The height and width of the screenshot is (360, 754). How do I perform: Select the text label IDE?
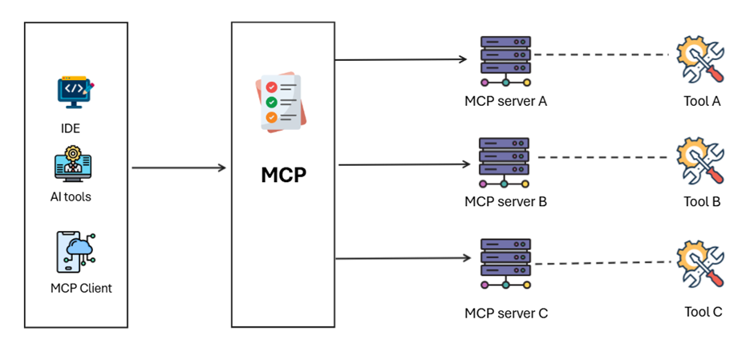[x=71, y=127]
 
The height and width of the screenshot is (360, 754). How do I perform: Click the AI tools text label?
[x=71, y=196]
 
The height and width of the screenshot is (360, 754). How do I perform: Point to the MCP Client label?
[x=81, y=288]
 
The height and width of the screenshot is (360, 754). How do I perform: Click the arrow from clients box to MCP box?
[x=179, y=168]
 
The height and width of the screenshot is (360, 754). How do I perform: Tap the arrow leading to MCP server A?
[x=401, y=59]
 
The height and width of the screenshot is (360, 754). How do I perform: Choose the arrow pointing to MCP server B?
[x=403, y=165]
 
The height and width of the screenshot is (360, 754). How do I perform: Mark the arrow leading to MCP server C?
[x=401, y=258]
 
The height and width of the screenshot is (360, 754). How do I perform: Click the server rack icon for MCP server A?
[x=505, y=61]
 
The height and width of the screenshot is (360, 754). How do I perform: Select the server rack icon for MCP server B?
[x=505, y=163]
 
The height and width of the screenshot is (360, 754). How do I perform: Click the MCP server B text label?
[x=505, y=201]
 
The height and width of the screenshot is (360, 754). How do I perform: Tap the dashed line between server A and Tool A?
[x=602, y=55]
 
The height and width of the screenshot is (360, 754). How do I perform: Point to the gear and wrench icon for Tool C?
[x=700, y=265]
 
